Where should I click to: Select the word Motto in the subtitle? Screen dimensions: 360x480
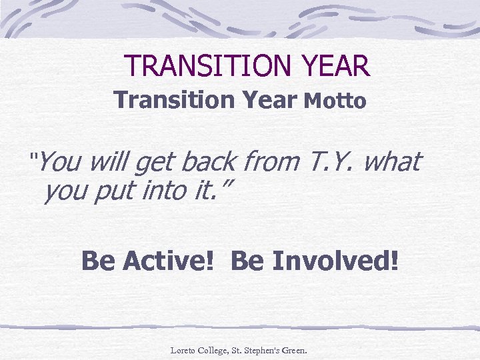(335, 101)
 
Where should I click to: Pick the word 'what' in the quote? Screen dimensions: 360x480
(393, 161)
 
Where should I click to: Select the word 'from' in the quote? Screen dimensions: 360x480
(272, 161)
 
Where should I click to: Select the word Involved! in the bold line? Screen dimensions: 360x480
(333, 261)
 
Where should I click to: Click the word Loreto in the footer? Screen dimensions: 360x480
(183, 349)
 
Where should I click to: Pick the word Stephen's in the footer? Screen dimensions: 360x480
(263, 349)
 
